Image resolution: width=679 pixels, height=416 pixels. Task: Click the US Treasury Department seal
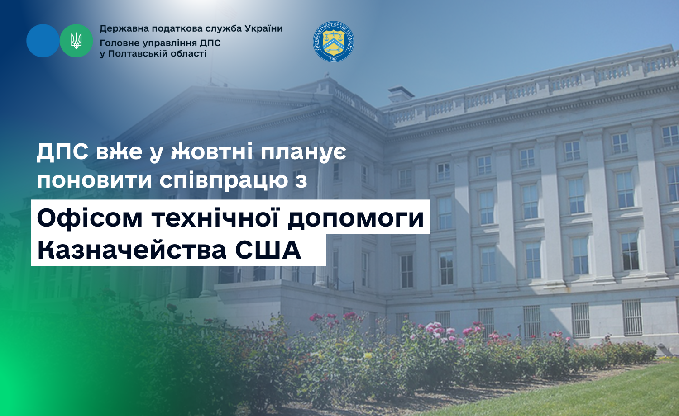tap(333, 42)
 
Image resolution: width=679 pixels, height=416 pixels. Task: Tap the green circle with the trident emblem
tap(76, 41)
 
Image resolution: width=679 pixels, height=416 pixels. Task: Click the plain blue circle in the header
tap(43, 41)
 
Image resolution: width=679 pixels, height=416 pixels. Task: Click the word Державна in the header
tap(124, 29)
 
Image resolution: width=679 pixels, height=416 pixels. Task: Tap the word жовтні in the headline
tap(212, 151)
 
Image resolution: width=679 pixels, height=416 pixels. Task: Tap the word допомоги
tap(355, 218)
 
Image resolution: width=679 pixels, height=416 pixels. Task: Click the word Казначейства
tap(132, 251)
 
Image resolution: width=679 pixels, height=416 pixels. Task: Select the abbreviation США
tap(268, 251)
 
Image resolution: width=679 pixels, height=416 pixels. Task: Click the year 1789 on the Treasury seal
tap(333, 59)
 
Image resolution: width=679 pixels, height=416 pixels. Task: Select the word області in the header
tap(189, 54)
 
